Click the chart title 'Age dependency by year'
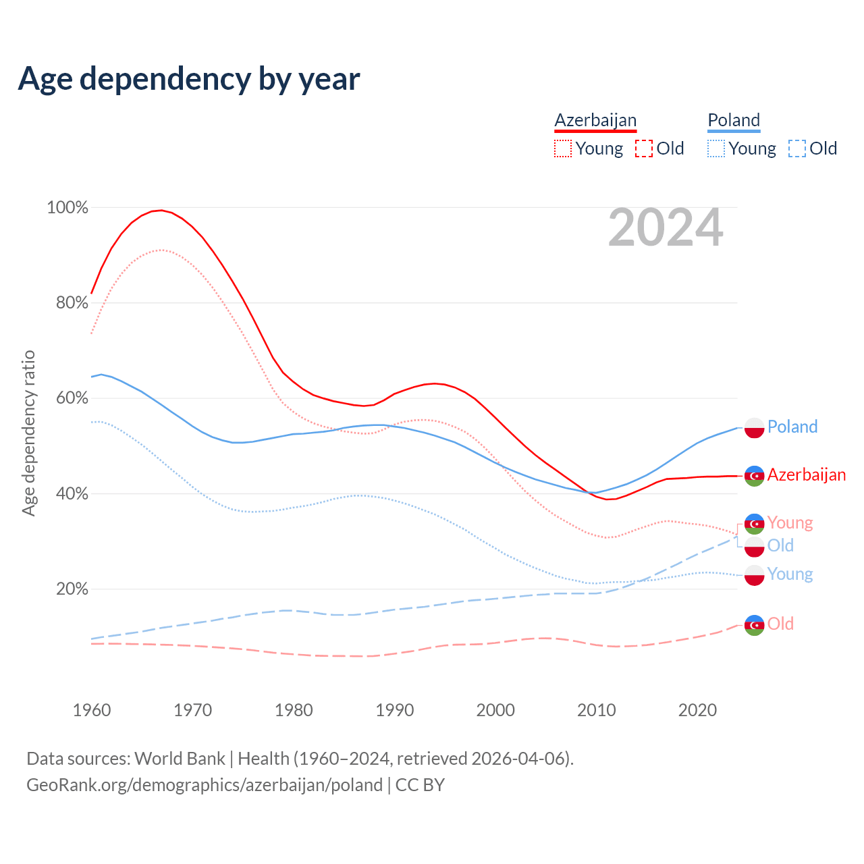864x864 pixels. [x=189, y=79]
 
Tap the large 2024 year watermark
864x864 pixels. [x=666, y=228]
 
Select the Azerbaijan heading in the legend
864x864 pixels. [x=595, y=121]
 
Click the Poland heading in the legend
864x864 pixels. [x=734, y=121]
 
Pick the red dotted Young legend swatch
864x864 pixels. [x=563, y=148]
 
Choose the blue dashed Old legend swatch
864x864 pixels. [x=797, y=148]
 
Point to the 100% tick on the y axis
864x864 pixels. [x=67, y=208]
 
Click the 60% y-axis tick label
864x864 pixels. [x=72, y=398]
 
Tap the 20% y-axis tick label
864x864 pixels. [x=72, y=589]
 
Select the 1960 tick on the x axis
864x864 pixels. [x=92, y=710]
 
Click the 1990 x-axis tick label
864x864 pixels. [x=395, y=710]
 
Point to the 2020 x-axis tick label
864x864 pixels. [x=697, y=710]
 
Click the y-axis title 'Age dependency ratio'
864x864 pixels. [x=28, y=433]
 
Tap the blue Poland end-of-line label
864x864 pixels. [x=792, y=427]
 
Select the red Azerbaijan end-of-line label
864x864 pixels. [x=807, y=475]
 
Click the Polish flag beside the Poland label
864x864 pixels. [x=754, y=428]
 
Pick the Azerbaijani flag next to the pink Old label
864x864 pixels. [x=754, y=625]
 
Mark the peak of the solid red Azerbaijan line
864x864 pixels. [x=161, y=210]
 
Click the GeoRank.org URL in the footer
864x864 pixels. [x=205, y=785]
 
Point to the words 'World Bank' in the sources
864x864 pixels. [x=180, y=759]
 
